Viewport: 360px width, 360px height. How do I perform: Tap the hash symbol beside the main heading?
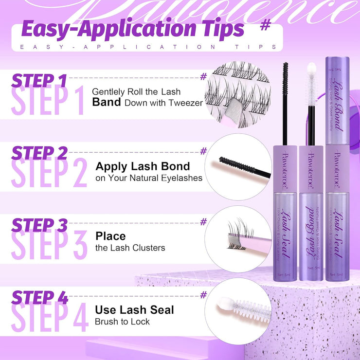pos(265,25)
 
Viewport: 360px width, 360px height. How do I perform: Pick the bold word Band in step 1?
pos(107,103)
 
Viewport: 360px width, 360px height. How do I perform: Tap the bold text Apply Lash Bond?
pos(143,166)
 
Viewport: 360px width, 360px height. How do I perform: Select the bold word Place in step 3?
pos(110,236)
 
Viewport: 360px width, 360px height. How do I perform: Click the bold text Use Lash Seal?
pos(134,309)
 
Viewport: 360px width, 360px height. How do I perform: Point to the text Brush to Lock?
pos(122,322)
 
